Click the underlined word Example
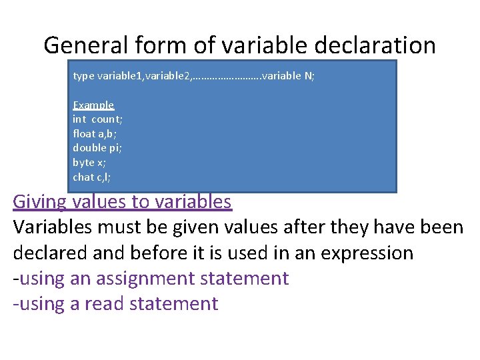pos(93,105)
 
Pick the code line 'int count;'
pos(97,119)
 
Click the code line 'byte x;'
pos(89,163)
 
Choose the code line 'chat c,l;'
pos(92,177)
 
